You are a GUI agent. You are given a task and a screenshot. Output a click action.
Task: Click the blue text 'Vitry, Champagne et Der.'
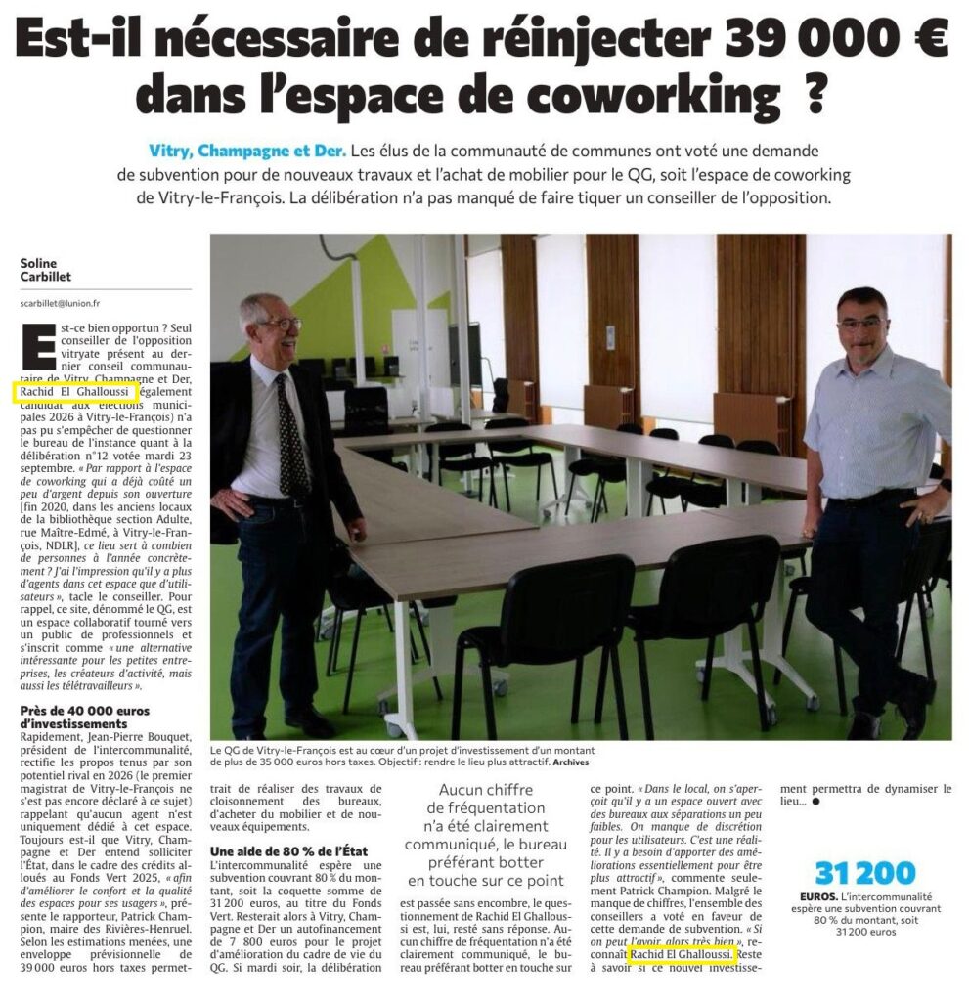click(247, 152)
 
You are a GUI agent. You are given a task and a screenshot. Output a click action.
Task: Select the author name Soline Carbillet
click(46, 269)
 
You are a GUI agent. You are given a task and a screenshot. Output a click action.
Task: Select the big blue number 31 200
click(864, 873)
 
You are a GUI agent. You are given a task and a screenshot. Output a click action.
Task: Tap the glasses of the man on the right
click(860, 324)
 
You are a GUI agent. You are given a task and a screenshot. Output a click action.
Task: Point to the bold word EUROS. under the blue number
click(814, 895)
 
